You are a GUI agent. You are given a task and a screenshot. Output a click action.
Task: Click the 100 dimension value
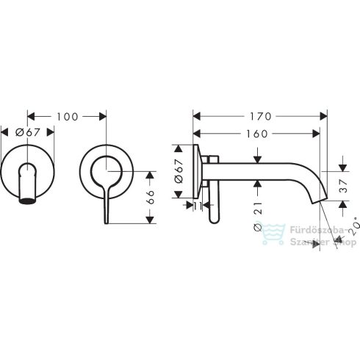(67, 116)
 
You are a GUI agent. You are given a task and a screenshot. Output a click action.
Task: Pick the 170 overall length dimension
(261, 116)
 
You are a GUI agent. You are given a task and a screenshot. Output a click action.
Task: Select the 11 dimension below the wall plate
(196, 206)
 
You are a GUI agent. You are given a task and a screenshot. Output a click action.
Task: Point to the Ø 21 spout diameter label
(257, 217)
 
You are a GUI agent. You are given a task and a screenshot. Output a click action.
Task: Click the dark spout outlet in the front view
(27, 201)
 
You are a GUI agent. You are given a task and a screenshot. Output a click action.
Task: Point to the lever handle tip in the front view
(108, 219)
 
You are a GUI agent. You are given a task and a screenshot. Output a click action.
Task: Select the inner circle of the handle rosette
(107, 174)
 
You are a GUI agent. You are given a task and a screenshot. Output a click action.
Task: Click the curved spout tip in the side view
(317, 200)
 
